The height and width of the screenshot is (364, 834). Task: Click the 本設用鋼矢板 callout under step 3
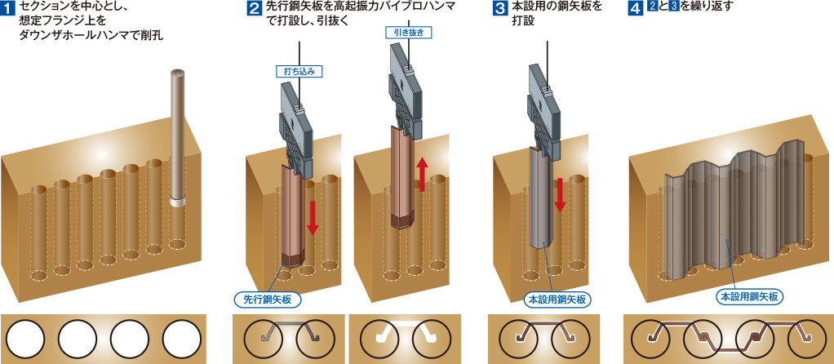(555, 300)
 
